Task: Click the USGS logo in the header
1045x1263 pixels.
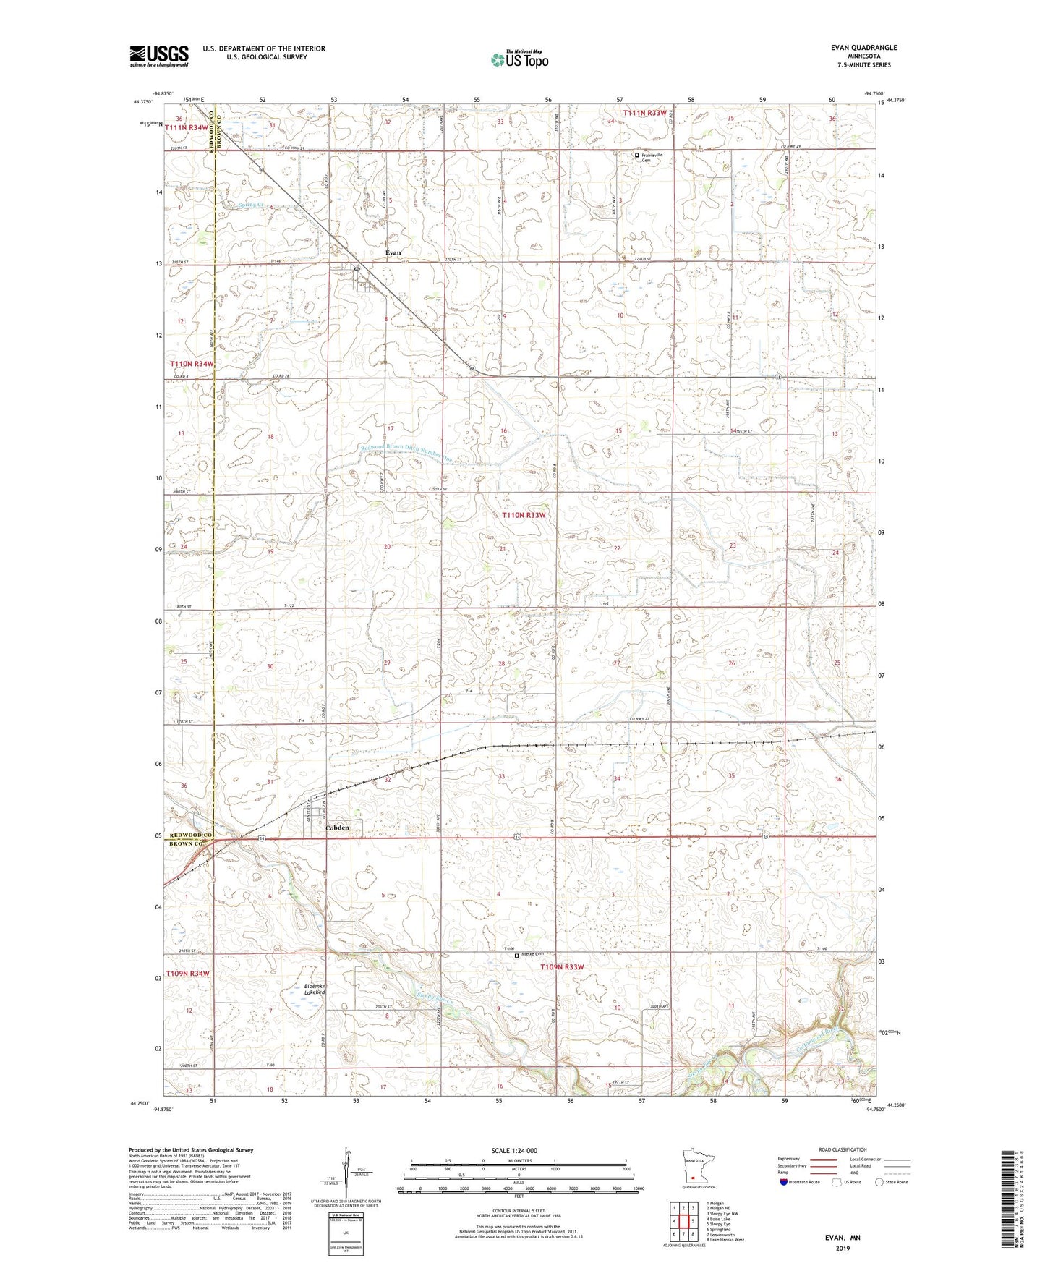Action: pos(158,56)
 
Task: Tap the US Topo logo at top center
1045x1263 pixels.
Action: pos(519,59)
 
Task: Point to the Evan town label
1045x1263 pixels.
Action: pos(393,252)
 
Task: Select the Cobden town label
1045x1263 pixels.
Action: pos(337,827)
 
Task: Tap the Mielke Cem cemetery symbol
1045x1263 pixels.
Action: pos(516,955)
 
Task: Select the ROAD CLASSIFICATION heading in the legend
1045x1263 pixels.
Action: pos(843,1149)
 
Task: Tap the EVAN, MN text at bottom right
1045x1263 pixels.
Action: pos(843,1238)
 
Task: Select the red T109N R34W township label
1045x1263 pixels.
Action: pos(189,974)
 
